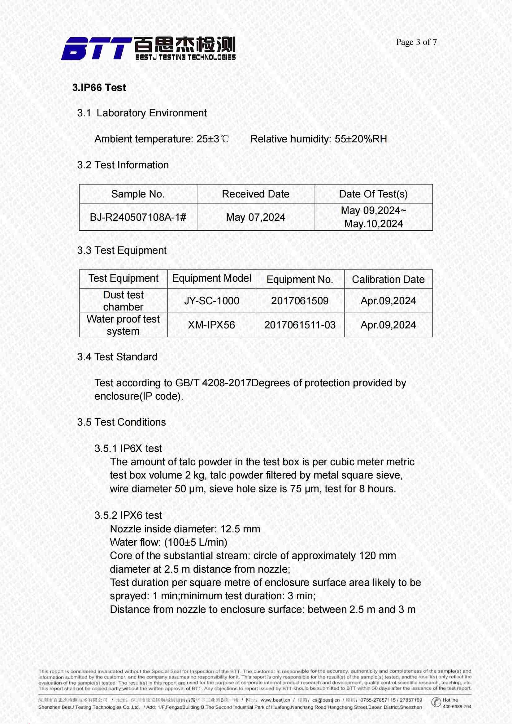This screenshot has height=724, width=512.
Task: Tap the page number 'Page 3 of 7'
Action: (x=416, y=42)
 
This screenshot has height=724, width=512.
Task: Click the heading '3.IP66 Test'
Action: (x=99, y=88)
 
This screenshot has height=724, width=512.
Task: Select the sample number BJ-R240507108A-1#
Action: (x=138, y=217)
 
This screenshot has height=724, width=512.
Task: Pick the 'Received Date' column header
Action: (x=255, y=194)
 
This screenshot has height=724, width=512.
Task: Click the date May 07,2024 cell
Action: (x=255, y=217)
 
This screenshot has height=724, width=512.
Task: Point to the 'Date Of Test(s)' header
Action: (x=373, y=194)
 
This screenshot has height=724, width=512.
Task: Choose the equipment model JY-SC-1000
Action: (x=211, y=301)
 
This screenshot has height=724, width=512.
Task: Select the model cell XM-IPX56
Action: (x=211, y=325)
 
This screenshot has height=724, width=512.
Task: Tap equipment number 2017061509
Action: (x=300, y=301)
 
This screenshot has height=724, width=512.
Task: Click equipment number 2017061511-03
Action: (x=300, y=325)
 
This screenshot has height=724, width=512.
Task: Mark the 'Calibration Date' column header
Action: (x=388, y=280)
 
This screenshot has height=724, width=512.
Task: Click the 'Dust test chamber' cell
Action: (x=123, y=301)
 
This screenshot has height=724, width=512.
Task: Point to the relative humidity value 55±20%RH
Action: (x=361, y=139)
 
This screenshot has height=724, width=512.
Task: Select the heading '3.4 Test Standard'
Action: (x=117, y=357)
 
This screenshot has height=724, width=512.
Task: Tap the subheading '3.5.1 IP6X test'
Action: (x=128, y=449)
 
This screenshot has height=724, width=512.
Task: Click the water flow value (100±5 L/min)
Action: (x=196, y=542)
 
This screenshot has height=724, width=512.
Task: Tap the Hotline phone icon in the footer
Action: (x=436, y=702)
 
